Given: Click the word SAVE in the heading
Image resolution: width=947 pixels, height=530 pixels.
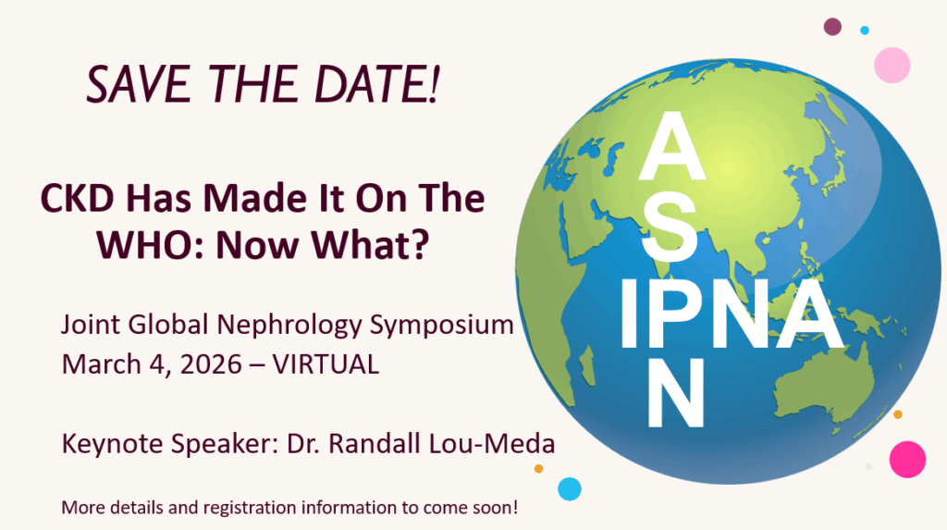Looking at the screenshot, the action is pos(139,84).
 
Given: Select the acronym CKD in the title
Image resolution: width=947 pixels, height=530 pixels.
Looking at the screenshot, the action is pos(77,198).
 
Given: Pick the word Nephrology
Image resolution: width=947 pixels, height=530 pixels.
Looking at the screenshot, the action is pos(289,326).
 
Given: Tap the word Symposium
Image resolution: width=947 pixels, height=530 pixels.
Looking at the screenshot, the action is pos(441,326).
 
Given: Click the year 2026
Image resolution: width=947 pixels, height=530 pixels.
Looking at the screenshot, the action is pos(211,364).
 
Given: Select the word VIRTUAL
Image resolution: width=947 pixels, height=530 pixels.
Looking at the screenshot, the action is pos(326,364).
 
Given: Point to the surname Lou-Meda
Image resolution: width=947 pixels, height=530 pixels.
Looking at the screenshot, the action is pos(492,444).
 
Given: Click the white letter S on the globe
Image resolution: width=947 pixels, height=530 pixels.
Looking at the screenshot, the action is pos(669,231).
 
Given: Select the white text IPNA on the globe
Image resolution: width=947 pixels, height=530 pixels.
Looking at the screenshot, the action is pos(732,314).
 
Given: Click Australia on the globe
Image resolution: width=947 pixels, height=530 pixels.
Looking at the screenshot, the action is pos(824,387).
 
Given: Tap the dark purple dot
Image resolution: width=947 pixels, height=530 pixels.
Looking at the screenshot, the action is pos(833,27).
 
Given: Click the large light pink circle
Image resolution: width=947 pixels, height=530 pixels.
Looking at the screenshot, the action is pos(892,66).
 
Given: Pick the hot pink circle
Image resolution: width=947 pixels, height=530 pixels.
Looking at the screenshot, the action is pos(907,460).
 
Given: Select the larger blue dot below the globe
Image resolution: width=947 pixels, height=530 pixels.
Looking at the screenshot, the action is pos(570,489).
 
